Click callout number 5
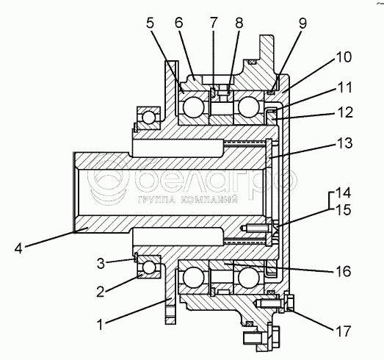click(x=150, y=24)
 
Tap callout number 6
click(x=179, y=23)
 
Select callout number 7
click(x=214, y=23)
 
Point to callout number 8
click(x=239, y=23)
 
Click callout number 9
click(x=303, y=24)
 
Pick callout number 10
click(x=344, y=57)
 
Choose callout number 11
click(x=344, y=87)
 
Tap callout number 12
click(x=344, y=112)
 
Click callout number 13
click(x=344, y=143)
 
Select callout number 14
click(x=344, y=192)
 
